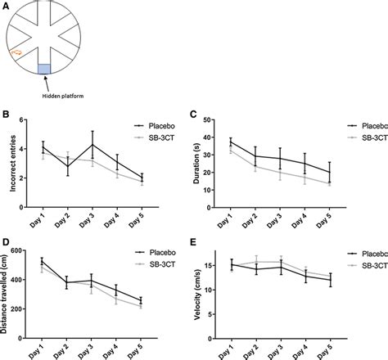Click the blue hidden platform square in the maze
(44, 71)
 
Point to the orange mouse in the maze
(16, 53)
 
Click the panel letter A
(5, 5)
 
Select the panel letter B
(5, 117)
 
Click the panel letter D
(5, 242)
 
